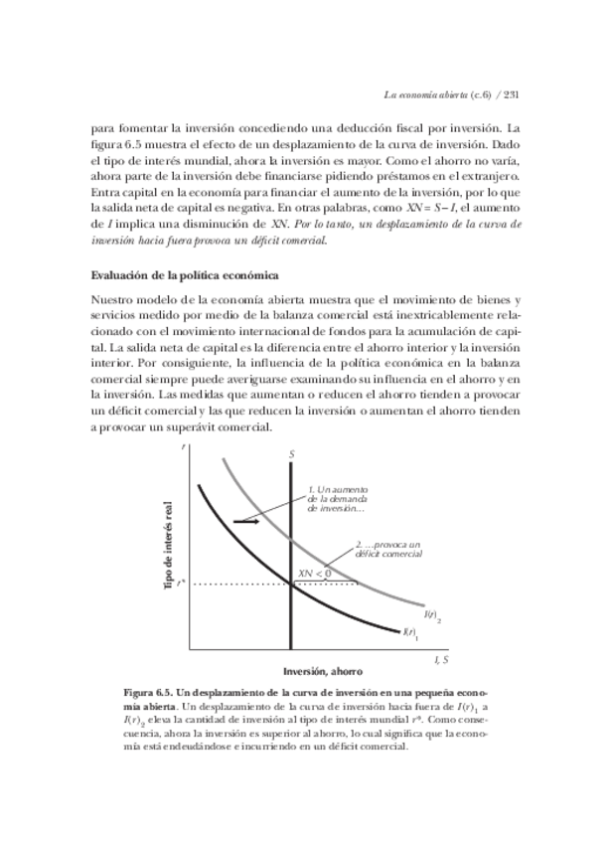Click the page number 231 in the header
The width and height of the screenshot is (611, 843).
pyautogui.click(x=513, y=96)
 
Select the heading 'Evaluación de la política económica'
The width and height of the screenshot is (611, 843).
pyautogui.click(x=184, y=273)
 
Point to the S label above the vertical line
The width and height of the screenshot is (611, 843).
pyautogui.click(x=292, y=455)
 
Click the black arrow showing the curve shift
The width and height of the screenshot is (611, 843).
pyautogui.click(x=247, y=520)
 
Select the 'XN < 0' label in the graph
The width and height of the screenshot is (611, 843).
pyautogui.click(x=314, y=574)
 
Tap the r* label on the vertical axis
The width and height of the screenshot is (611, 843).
pyautogui.click(x=181, y=584)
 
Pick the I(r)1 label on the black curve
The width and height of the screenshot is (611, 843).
pyautogui.click(x=409, y=631)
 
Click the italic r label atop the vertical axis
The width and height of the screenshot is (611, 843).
pyautogui.click(x=186, y=451)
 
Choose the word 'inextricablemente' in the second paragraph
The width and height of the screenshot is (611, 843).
pyautogui.click(x=460, y=315)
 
